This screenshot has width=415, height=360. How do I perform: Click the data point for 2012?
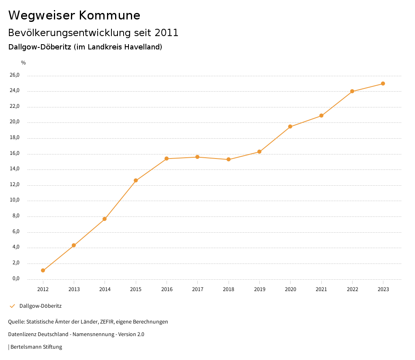[43, 270]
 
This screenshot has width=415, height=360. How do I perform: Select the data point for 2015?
[136, 180]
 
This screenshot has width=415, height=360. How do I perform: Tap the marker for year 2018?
[229, 159]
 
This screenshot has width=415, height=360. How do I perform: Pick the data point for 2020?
[290, 126]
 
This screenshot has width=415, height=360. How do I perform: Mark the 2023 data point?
[383, 84]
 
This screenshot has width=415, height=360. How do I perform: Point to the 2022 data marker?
[352, 91]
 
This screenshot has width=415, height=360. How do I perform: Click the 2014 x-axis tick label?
[105, 289]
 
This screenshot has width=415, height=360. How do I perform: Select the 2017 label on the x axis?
[198, 289]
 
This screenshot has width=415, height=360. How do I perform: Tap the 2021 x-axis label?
[321, 289]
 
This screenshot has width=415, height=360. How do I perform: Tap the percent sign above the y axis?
[24, 63]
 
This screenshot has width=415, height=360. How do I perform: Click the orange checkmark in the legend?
[12, 306]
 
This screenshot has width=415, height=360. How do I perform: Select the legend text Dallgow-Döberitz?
[41, 306]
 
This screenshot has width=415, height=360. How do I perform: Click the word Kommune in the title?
[109, 15]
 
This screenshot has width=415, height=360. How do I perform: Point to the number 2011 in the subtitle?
[167, 32]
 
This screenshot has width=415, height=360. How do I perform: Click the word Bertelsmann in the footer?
[26, 347]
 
